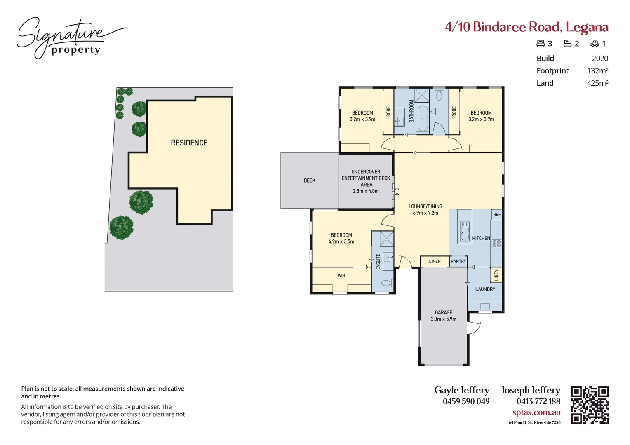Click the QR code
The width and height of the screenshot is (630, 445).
pyautogui.click(x=590, y=405)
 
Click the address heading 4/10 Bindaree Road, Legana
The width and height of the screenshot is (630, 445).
pyautogui.click(x=526, y=27)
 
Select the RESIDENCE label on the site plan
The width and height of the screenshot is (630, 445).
pyautogui.click(x=189, y=143)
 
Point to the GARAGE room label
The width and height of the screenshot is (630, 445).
pyautogui.click(x=443, y=313)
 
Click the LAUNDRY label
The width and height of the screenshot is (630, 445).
pyautogui.click(x=485, y=289)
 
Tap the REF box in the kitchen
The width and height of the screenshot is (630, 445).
pyautogui.click(x=497, y=215)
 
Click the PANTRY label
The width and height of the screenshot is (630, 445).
pyautogui.click(x=458, y=262)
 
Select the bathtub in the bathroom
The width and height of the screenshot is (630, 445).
pyautogui.click(x=422, y=119)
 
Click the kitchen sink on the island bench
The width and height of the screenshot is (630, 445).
pyautogui.click(x=465, y=231)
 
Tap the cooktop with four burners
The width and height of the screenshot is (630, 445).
pyautogui.click(x=496, y=244)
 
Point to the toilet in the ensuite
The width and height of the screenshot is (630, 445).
pyautogui.click(x=386, y=283)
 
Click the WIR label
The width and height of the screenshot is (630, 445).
pyautogui.click(x=341, y=276)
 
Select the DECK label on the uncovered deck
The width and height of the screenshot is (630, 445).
pyautogui.click(x=309, y=181)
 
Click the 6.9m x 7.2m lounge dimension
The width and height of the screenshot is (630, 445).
pyautogui.click(x=425, y=213)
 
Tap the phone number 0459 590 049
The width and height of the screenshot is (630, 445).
pyautogui.click(x=466, y=401)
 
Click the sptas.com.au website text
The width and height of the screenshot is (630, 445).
pyautogui.click(x=536, y=412)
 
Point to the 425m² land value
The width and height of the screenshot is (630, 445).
pyautogui.click(x=597, y=83)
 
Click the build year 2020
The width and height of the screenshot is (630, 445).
pyautogui.click(x=599, y=59)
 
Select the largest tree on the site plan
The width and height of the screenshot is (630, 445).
pyautogui.click(x=121, y=227)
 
